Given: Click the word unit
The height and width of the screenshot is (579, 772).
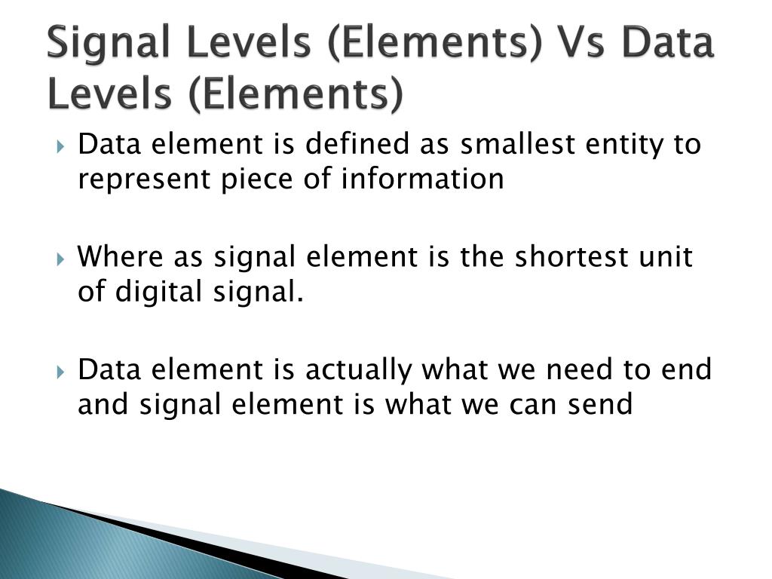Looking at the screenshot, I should click(x=665, y=257).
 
